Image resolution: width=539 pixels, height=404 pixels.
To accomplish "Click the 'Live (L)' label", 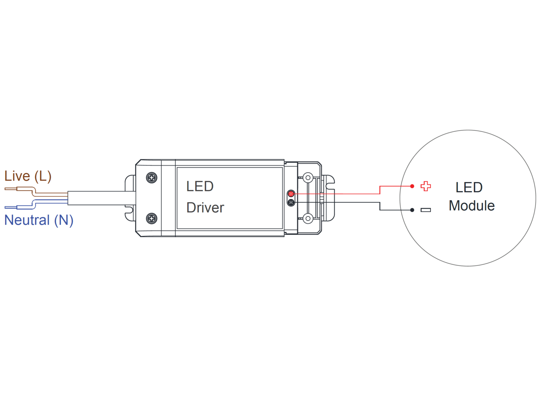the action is coord(28,176).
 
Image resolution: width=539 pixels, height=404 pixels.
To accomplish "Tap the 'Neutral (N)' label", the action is coord(39,220).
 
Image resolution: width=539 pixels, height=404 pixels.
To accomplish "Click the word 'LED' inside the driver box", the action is coord(200,187).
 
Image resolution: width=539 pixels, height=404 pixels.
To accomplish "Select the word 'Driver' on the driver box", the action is coord(205,208).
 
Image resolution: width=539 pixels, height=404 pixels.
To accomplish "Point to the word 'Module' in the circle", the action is coord(472,206).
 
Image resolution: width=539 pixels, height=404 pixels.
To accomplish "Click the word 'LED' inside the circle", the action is coord(469,187).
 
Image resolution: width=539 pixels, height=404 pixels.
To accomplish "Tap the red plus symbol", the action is coord(426,186).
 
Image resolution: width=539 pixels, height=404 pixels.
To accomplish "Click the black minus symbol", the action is coord(426,210).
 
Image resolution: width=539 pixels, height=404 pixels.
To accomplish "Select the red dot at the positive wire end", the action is coord(412,186).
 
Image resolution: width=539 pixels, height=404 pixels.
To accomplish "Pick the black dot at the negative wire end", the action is coord(412,210).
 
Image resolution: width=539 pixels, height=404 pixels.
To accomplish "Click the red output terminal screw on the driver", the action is coord(291,194).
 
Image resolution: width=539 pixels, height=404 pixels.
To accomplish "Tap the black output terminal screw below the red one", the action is coord(291,202).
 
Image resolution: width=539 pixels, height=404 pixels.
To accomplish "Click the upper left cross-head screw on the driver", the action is coord(152,177).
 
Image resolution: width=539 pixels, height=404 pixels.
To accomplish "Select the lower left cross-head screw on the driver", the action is coord(152,218).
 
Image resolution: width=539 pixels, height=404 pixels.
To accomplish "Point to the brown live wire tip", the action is coord(5,189).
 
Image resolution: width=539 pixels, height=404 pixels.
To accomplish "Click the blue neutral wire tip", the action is coord(5,208).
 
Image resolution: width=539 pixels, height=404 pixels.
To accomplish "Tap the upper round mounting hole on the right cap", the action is coord(308,177).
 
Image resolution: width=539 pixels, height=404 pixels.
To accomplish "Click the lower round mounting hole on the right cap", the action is coord(308,218).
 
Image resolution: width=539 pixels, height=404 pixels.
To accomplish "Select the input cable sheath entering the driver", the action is coord(102,198).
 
